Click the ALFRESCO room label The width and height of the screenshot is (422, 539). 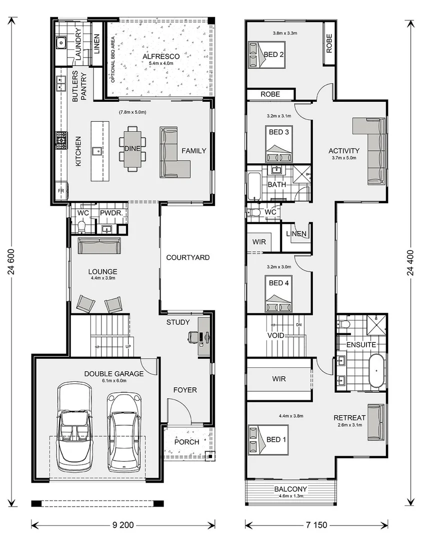point(157,56)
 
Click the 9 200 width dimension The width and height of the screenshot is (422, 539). point(123,525)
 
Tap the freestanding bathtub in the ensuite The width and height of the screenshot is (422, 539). point(376,370)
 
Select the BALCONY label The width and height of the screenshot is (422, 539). point(290,489)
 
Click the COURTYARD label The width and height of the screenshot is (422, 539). point(187,258)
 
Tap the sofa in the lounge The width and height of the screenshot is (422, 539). point(99,246)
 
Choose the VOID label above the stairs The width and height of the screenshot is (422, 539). point(275,335)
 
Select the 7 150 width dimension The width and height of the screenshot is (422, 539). point(317,525)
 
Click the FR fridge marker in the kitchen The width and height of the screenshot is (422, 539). point(60,191)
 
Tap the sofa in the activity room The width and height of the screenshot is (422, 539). point(372,150)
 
